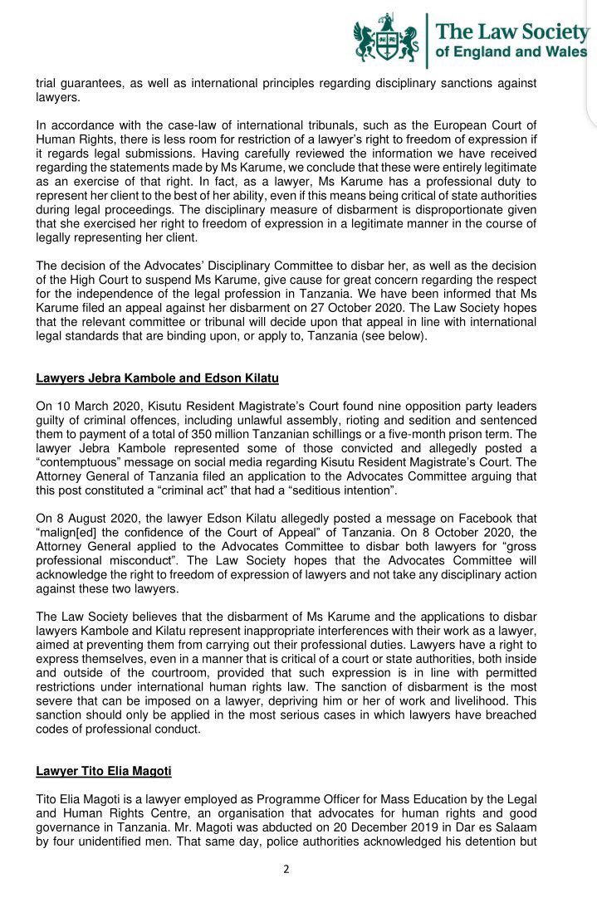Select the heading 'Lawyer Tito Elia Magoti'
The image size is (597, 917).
(104, 772)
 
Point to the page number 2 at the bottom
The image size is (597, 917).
(286, 870)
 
